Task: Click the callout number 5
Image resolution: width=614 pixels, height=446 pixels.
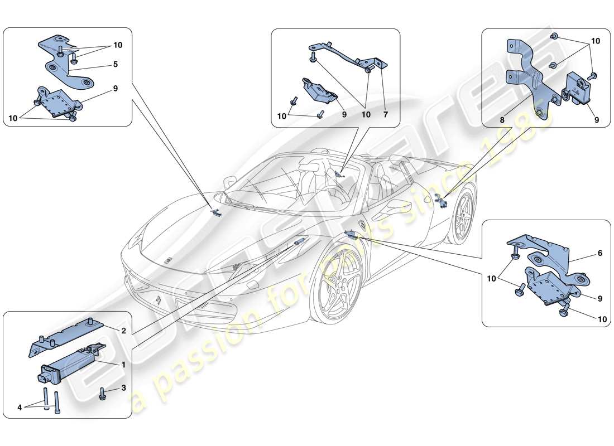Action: click(x=115, y=64)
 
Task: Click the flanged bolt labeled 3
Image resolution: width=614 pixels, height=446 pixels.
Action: click(x=103, y=394)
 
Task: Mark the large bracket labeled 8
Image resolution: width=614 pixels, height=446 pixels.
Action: click(x=527, y=78)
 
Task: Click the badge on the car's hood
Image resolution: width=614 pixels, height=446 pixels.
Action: click(x=167, y=261)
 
